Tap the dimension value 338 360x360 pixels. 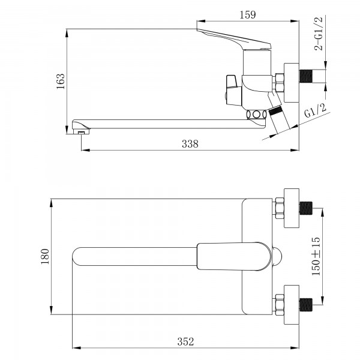(x=189, y=144)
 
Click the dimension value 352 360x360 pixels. (x=186, y=341)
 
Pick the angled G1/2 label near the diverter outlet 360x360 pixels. (x=314, y=112)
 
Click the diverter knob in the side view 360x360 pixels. (x=231, y=88)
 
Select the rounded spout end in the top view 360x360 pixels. (x=81, y=257)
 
